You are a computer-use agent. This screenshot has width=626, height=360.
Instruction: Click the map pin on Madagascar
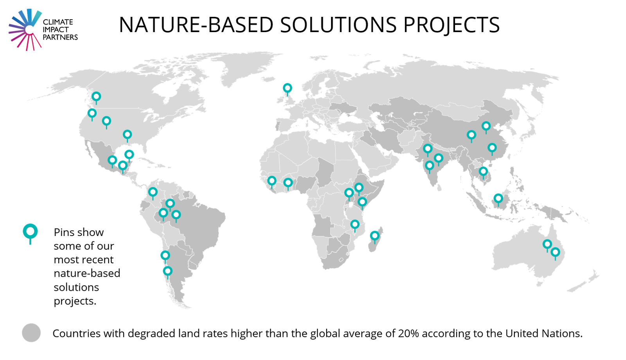pyautogui.click(x=375, y=236)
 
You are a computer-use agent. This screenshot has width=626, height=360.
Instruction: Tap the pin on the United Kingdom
pyautogui.click(x=287, y=88)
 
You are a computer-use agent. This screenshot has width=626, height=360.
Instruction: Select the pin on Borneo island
pyautogui.click(x=498, y=198)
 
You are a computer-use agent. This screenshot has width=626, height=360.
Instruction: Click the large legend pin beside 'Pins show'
pyautogui.click(x=30, y=232)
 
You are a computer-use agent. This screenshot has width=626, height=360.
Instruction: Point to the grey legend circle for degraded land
pyautogui.click(x=31, y=333)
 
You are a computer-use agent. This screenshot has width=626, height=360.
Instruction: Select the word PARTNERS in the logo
pyautogui.click(x=60, y=38)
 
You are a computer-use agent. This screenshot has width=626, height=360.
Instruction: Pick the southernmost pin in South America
pyautogui.click(x=167, y=271)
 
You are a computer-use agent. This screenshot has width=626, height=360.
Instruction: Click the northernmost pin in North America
pyautogui.click(x=96, y=96)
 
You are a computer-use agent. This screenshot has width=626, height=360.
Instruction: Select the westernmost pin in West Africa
pyautogui.click(x=272, y=181)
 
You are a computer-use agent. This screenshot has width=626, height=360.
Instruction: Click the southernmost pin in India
pyautogui.click(x=430, y=166)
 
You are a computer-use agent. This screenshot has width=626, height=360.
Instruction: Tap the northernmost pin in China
pyautogui.click(x=486, y=126)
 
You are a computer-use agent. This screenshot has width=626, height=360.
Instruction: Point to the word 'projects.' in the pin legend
pyautogui.click(x=75, y=301)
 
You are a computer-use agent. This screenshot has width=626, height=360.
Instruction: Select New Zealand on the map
pyautogui.click(x=585, y=282)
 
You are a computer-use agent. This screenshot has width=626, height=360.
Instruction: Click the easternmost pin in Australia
pyautogui.click(x=555, y=252)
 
